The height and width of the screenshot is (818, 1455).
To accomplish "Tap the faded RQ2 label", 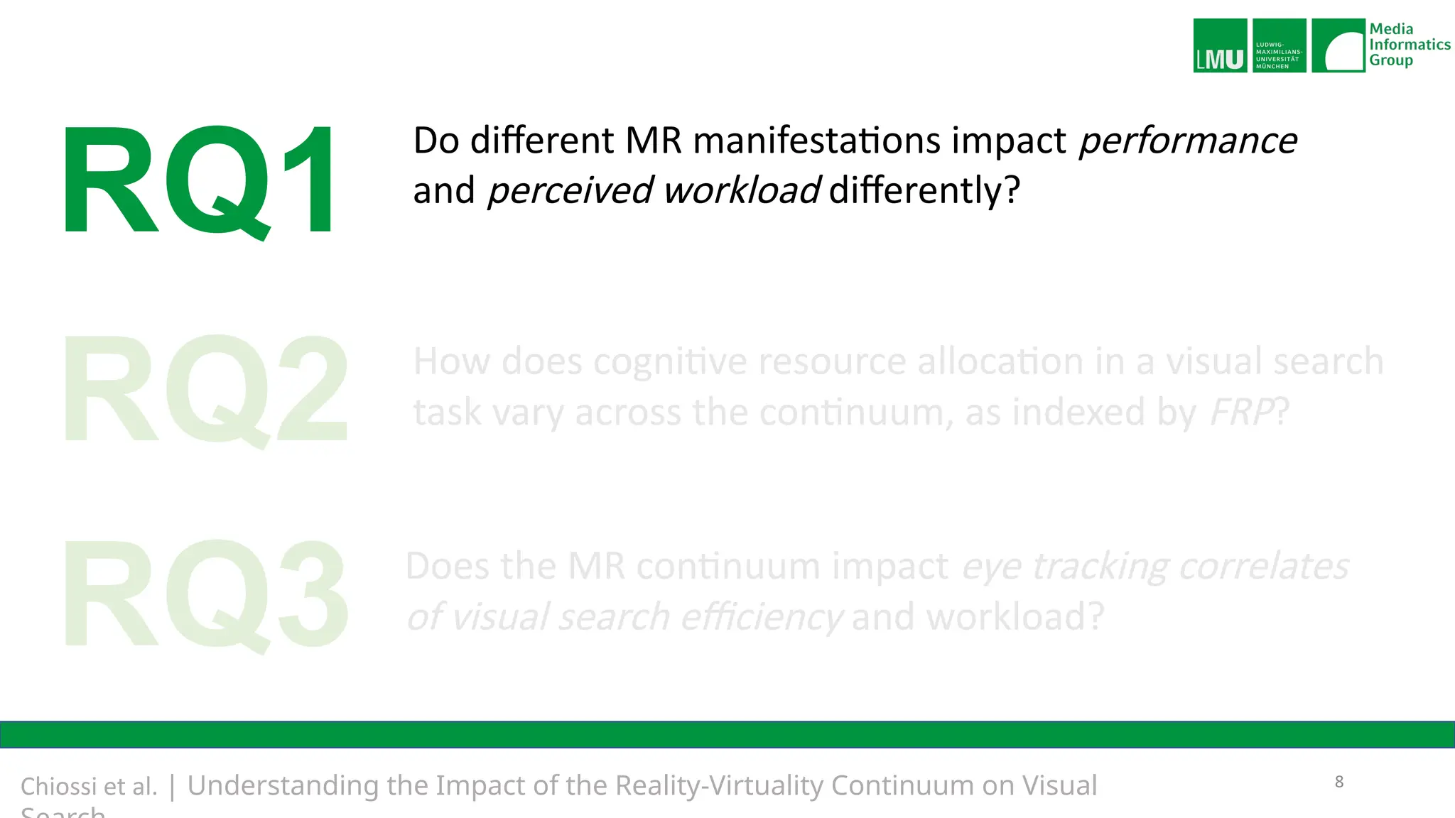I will [x=206, y=389].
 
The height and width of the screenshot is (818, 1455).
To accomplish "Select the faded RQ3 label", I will [x=206, y=594].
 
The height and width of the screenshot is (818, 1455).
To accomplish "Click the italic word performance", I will [x=1187, y=141].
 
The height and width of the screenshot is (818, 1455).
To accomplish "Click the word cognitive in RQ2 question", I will [x=669, y=361].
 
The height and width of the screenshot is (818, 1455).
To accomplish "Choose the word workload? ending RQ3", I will [x=1015, y=616].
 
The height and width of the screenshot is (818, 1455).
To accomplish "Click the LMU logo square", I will [x=1220, y=45].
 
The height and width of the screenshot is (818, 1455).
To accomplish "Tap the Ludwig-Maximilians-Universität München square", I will [x=1279, y=45].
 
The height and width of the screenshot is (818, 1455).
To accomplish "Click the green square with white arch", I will [x=1338, y=45].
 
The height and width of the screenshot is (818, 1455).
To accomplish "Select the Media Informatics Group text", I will [x=1409, y=45].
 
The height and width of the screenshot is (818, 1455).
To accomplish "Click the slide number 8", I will [x=1339, y=782].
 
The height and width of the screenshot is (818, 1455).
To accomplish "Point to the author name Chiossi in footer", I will [x=59, y=787].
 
